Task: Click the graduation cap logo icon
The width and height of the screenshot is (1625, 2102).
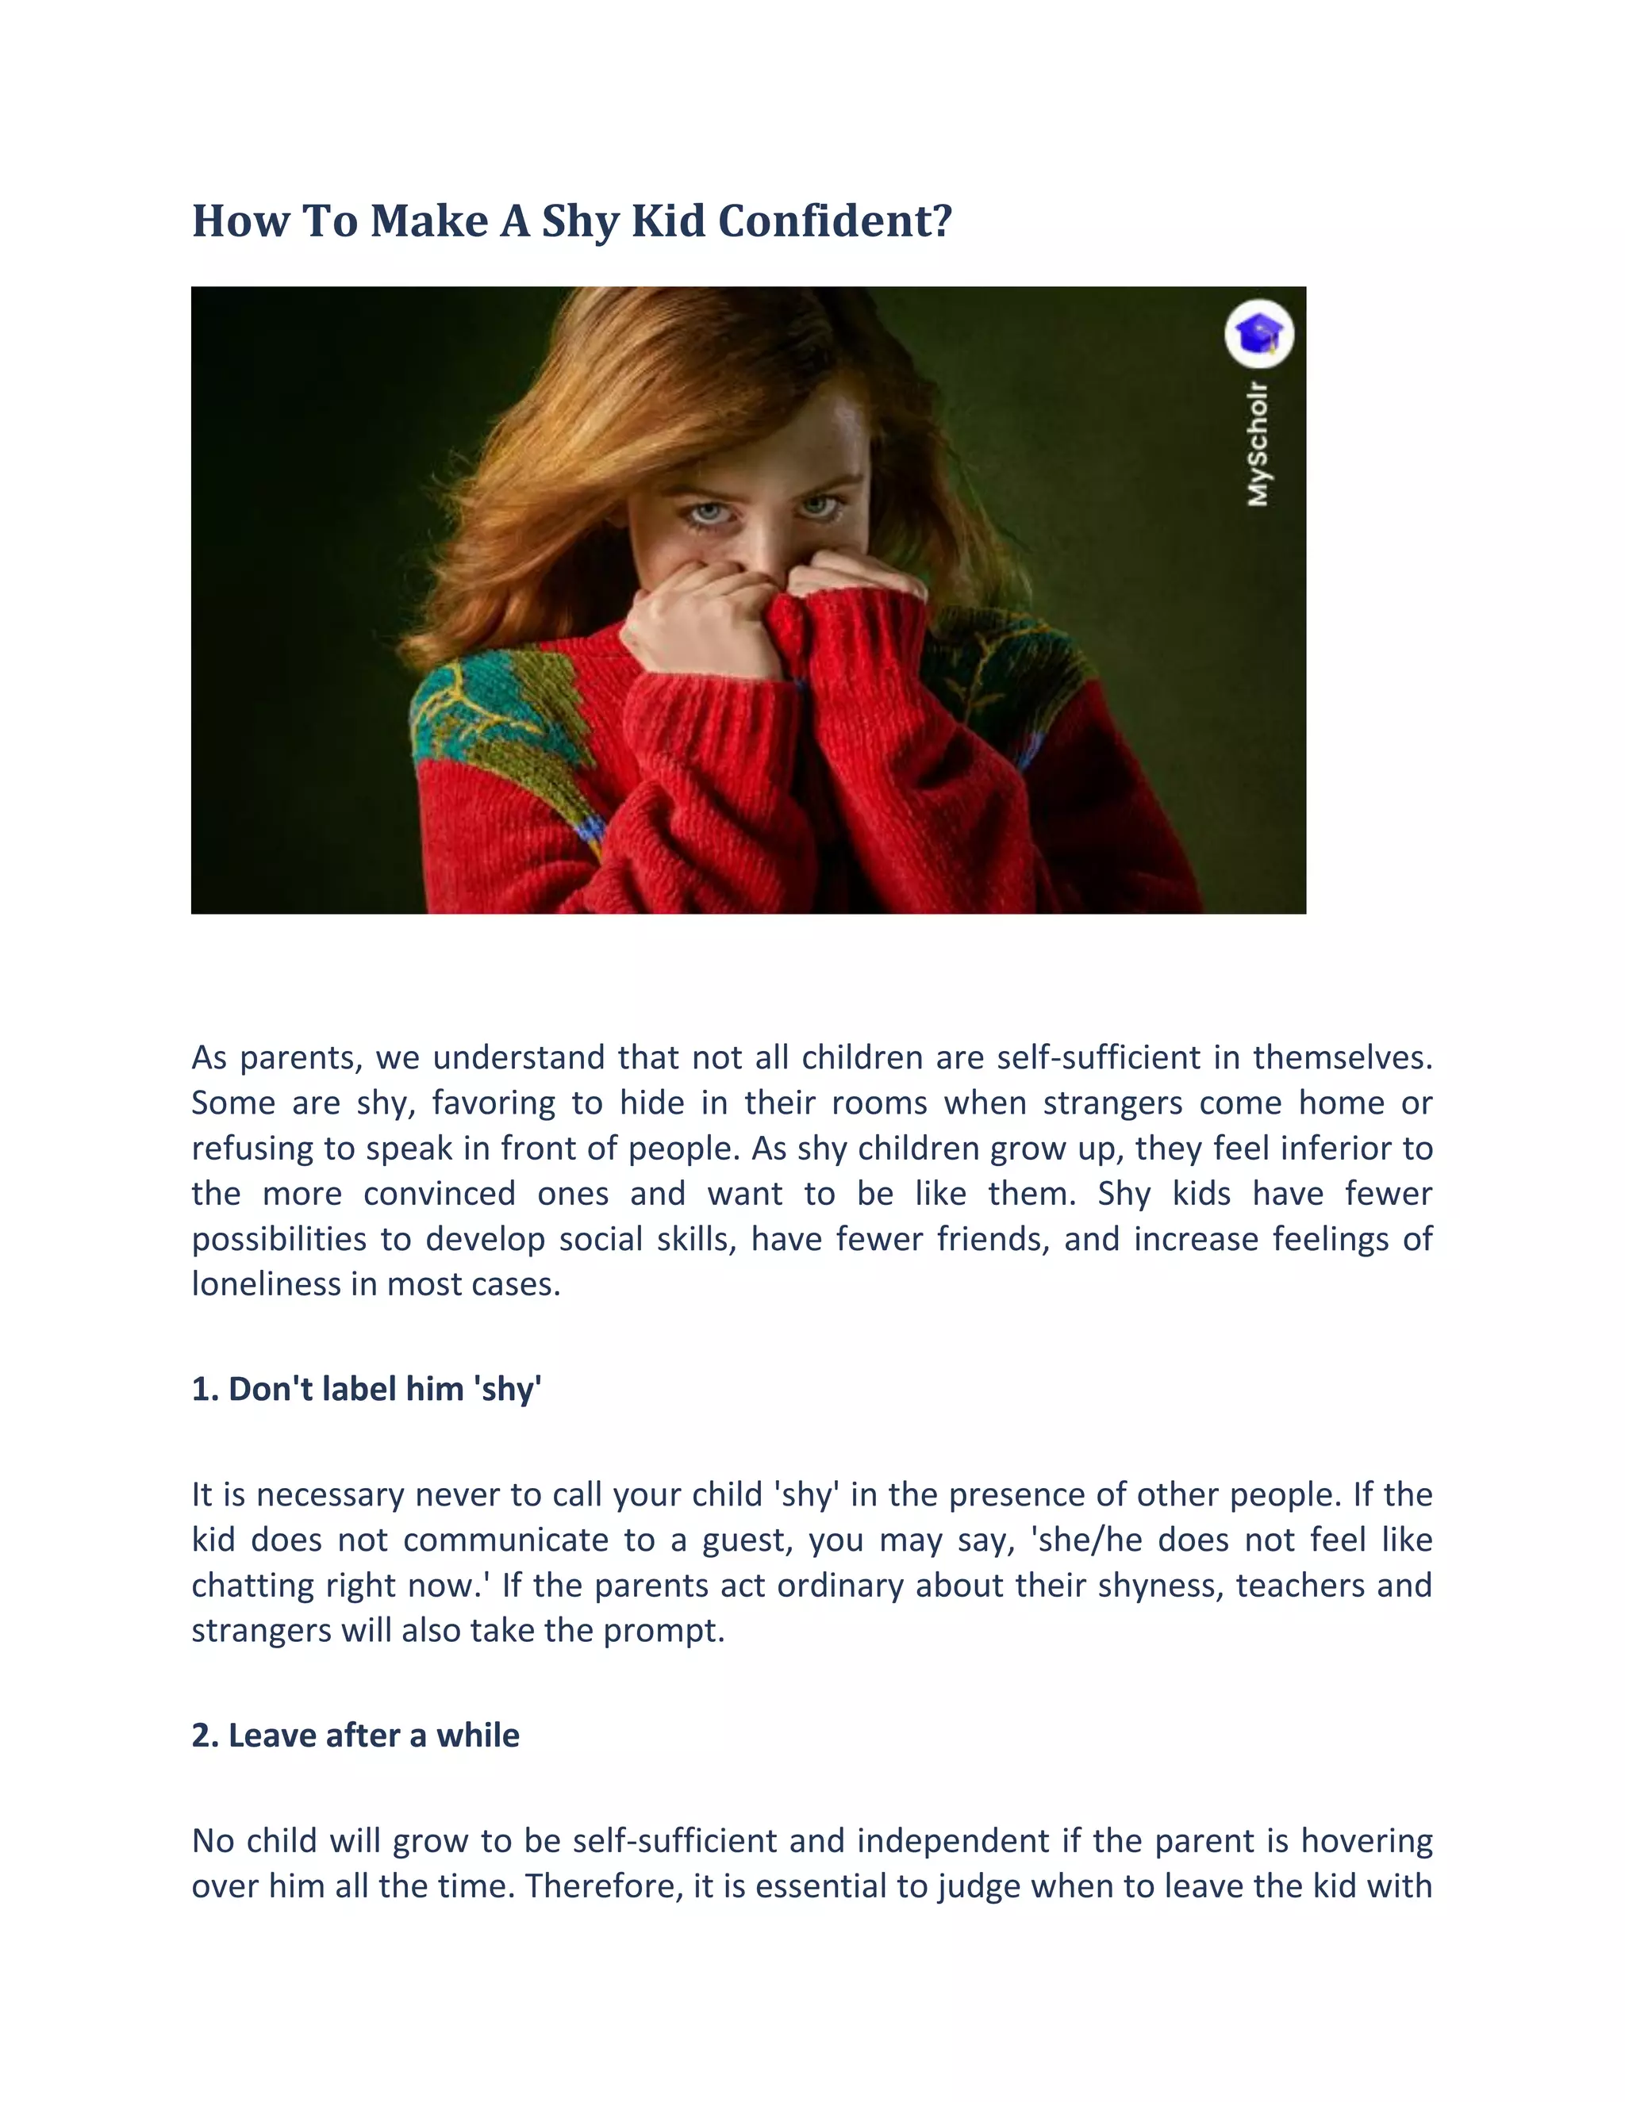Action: point(1259,334)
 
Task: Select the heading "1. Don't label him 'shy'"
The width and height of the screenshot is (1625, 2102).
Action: point(367,1389)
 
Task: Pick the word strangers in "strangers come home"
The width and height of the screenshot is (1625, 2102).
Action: point(1112,1103)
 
